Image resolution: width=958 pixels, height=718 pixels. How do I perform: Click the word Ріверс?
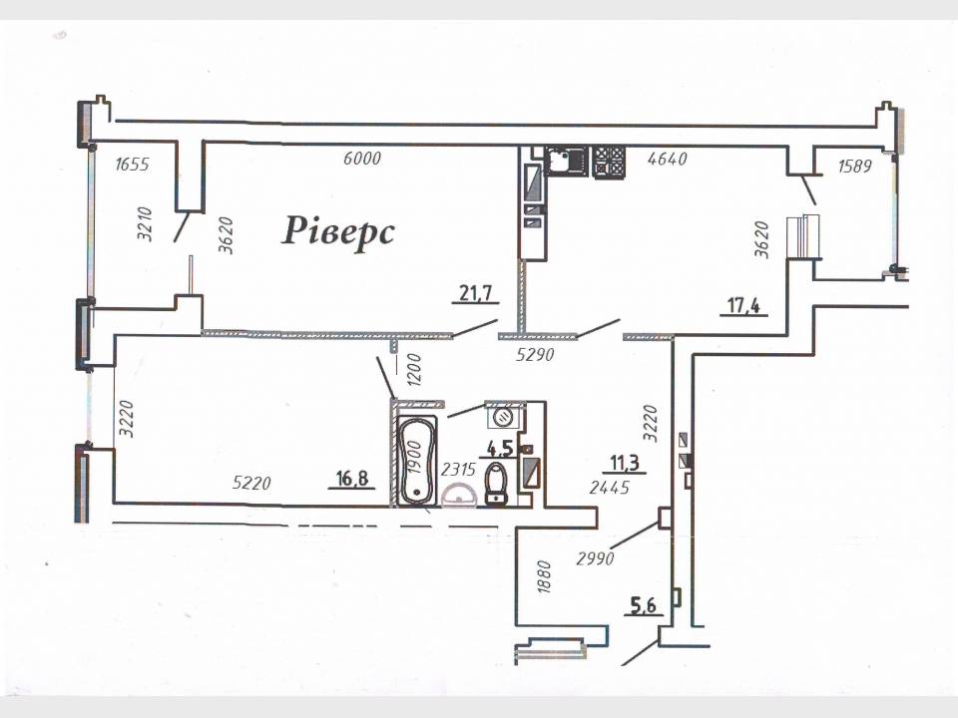[x=338, y=232]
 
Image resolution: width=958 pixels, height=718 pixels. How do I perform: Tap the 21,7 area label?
[x=476, y=293]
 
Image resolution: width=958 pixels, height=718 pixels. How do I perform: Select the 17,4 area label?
[x=743, y=304]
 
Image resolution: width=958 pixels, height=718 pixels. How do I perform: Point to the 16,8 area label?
[x=352, y=478]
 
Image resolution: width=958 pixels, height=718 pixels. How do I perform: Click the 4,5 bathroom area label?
[x=500, y=449]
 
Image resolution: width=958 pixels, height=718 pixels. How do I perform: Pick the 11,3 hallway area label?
[x=625, y=463]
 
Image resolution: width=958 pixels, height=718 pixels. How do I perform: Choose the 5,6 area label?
[x=643, y=605]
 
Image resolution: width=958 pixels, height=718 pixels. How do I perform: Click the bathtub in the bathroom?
[x=417, y=461]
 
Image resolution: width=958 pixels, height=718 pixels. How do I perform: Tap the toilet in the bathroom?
[x=496, y=483]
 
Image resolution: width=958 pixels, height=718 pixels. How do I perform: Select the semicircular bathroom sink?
[x=458, y=496]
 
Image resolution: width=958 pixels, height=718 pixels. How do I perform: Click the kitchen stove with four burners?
[x=609, y=162]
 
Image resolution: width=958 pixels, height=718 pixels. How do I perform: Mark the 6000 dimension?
[x=361, y=159]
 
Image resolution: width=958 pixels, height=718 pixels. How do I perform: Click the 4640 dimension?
[x=668, y=159]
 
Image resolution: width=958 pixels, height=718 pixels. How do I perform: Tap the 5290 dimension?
[x=535, y=354]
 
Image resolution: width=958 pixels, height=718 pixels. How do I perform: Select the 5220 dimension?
[x=251, y=483]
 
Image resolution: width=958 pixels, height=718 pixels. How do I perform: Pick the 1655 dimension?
[x=132, y=164]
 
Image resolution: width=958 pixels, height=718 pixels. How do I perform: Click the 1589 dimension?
[x=855, y=166]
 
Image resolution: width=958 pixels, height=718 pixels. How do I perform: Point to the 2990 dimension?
[x=595, y=558]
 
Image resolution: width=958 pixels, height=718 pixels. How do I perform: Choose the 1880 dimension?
[x=544, y=577]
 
